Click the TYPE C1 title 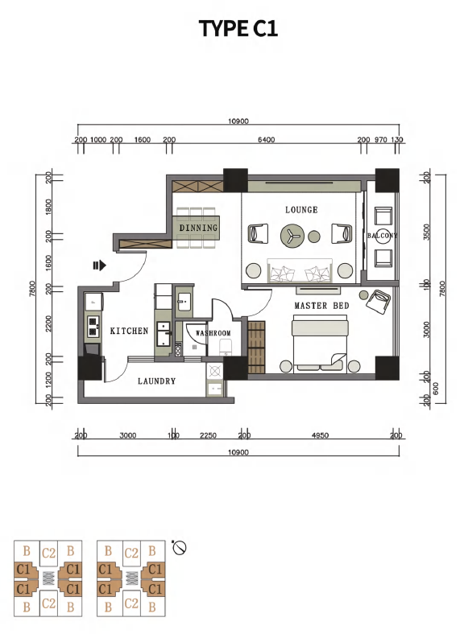[x=238, y=28]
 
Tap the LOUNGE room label [x=301, y=209]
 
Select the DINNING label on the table [x=198, y=228]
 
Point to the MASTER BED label [x=322, y=306]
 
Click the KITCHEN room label [x=130, y=331]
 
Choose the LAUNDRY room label [x=157, y=381]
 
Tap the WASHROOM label [x=213, y=333]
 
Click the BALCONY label [x=383, y=235]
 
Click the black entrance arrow [x=100, y=266]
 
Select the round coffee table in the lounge [x=292, y=236]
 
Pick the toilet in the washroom [x=225, y=347]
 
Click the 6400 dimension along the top [x=267, y=139]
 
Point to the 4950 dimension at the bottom [x=321, y=435]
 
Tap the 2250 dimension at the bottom [x=208, y=435]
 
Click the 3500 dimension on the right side [x=426, y=232]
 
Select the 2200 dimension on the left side [x=49, y=324]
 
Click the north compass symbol [x=179, y=548]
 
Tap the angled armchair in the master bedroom [x=378, y=301]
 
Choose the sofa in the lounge [x=300, y=270]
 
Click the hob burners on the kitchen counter [x=93, y=327]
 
